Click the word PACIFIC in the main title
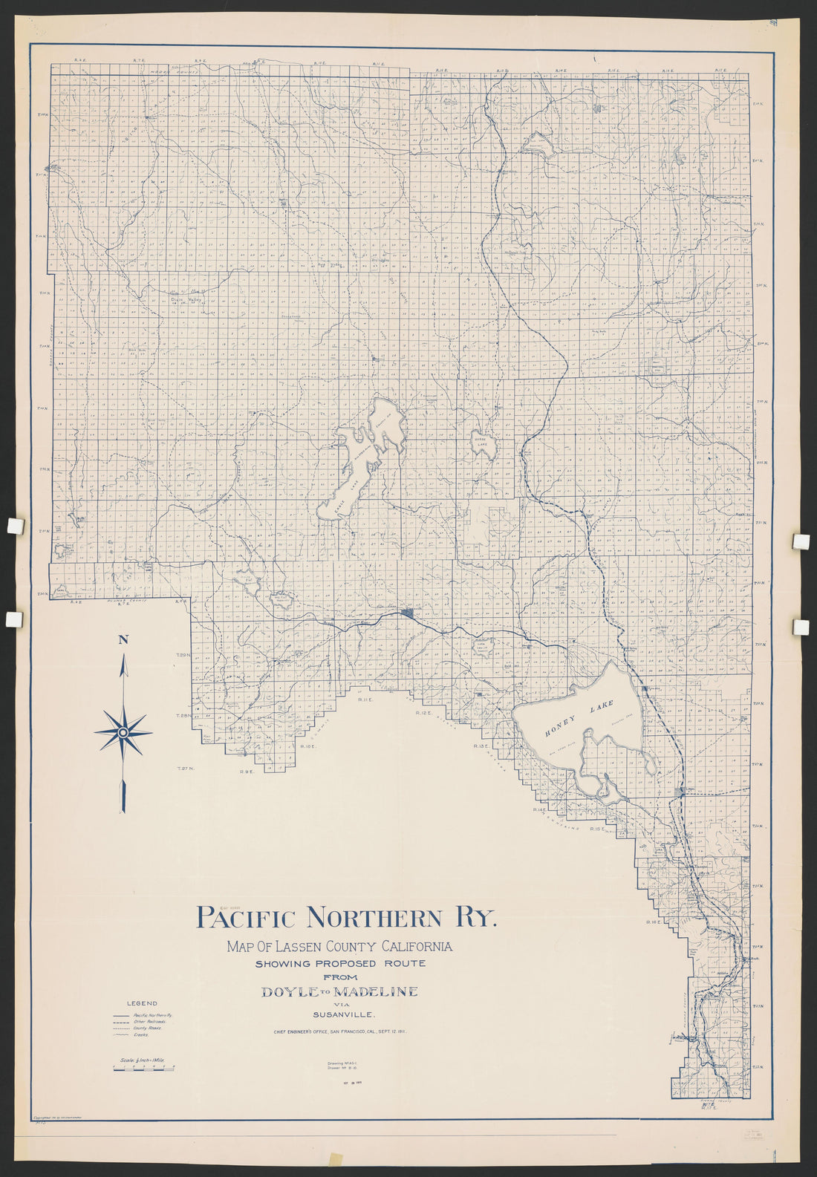[x=246, y=918]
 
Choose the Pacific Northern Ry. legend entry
[x=152, y=1014]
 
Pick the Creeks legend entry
[x=141, y=1034]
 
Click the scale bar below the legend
[x=143, y=1067]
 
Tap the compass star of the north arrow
[x=123, y=732]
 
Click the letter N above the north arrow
[x=123, y=640]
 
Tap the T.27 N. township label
[x=184, y=768]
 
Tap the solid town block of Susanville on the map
[x=407, y=613]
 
